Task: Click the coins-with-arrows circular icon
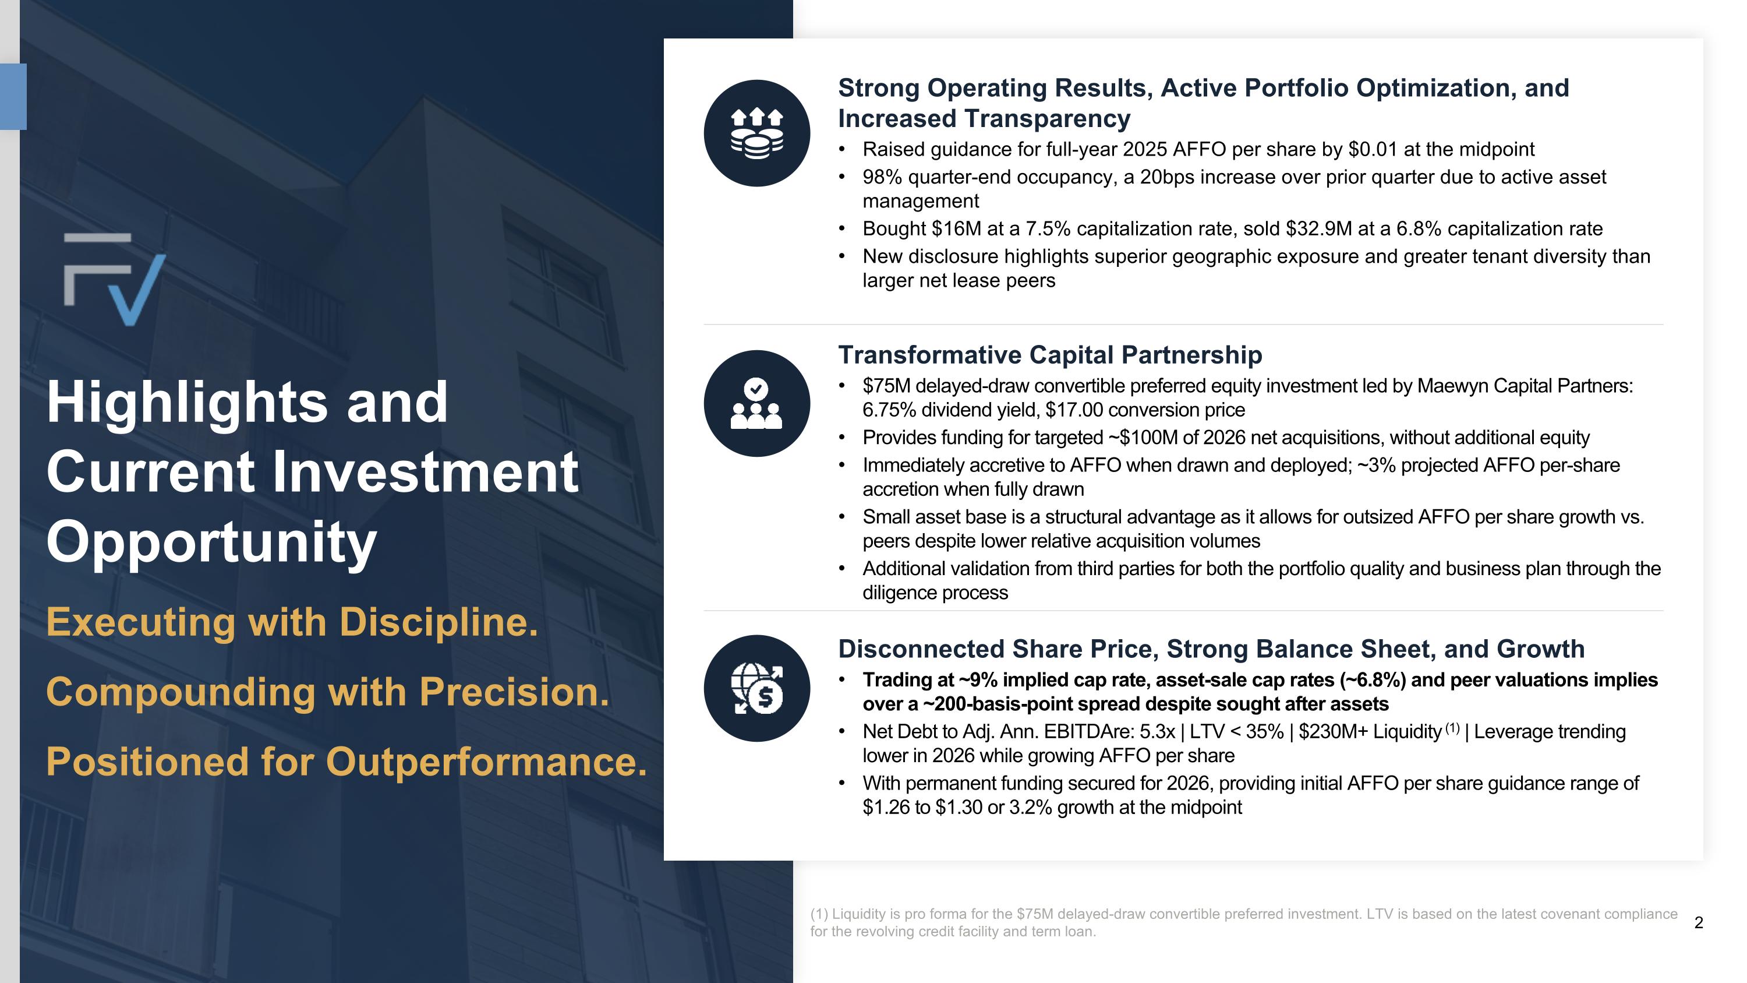click(757, 133)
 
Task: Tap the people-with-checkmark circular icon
click(757, 404)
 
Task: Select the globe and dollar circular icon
click(757, 688)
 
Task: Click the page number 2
click(1698, 922)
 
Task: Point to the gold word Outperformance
click(486, 761)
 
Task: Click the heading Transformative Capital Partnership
click(1050, 355)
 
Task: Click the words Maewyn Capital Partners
click(1524, 385)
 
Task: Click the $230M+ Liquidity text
click(1369, 731)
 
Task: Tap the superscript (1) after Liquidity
click(1452, 728)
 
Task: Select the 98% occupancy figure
click(882, 177)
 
